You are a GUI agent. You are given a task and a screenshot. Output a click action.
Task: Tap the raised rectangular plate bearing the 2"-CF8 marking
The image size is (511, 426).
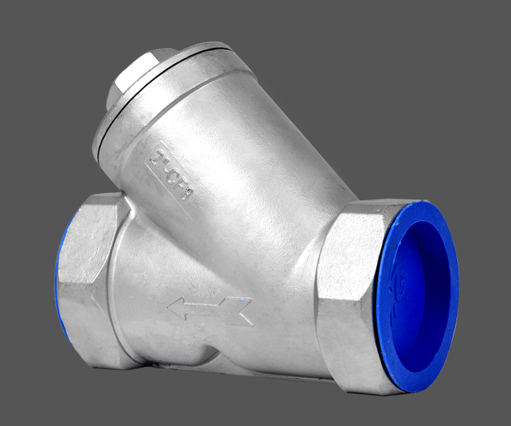coord(170,175)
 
